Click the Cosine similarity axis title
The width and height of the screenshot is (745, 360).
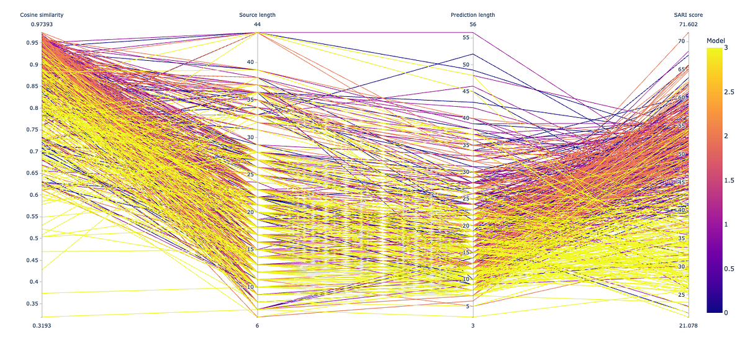click(x=42, y=15)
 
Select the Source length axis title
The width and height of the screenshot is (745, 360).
click(x=257, y=15)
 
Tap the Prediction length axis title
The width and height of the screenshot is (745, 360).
click(x=473, y=15)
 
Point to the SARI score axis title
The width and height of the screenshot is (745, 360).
click(x=689, y=15)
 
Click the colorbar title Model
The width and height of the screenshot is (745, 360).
click(x=716, y=40)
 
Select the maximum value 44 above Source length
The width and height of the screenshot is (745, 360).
click(x=257, y=25)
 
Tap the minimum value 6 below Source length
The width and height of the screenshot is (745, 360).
click(x=257, y=325)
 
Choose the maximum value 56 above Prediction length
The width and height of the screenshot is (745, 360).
click(x=473, y=25)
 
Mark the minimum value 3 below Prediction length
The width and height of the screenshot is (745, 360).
click(x=473, y=325)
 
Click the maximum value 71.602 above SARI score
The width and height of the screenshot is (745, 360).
click(x=689, y=25)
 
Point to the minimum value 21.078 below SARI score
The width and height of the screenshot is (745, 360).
click(x=689, y=325)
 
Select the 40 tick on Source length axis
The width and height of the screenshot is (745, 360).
click(x=250, y=62)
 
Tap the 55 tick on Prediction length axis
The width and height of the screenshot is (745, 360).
click(x=466, y=38)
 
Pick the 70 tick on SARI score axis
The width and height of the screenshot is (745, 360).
click(x=681, y=42)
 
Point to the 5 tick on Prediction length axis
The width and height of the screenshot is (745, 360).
click(x=467, y=306)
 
